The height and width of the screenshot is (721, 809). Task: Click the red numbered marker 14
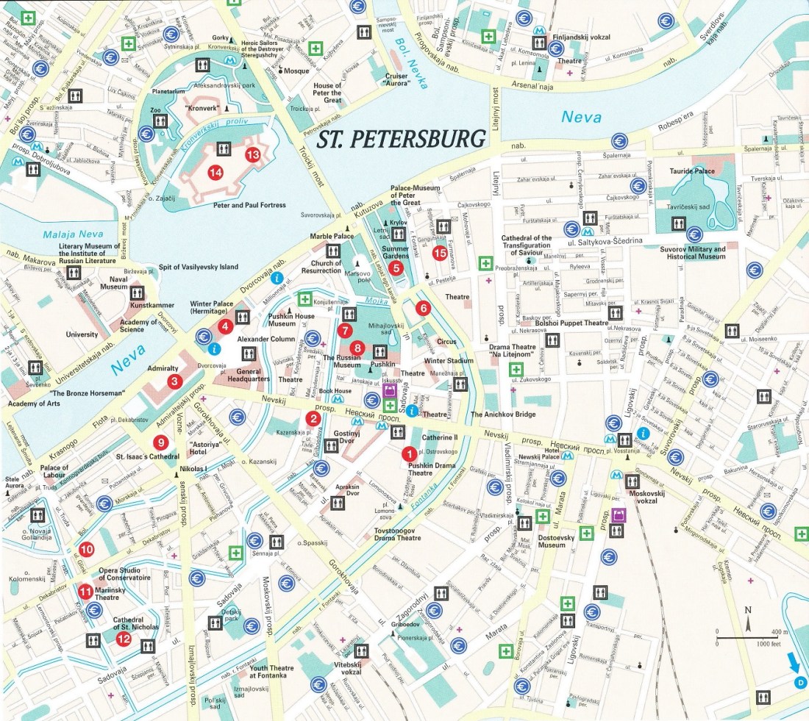coord(215,173)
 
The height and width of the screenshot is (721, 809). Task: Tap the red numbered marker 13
coord(253,154)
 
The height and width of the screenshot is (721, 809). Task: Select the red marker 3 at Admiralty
coord(174,381)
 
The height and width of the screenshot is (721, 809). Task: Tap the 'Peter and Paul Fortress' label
coord(249,205)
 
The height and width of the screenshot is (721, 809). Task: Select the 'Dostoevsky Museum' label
coord(561,540)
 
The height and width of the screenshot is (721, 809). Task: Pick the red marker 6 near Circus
coord(422,309)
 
